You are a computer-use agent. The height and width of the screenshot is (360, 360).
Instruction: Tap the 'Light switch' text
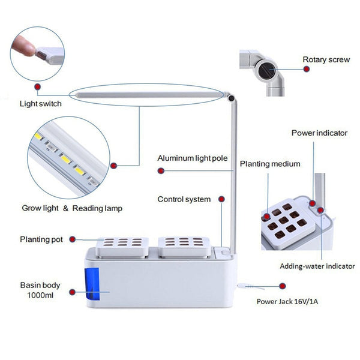41,103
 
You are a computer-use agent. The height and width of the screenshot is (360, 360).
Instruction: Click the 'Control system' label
184,199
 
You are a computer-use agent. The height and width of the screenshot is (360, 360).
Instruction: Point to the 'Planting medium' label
262,163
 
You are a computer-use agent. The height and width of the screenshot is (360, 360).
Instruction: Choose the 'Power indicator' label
319,133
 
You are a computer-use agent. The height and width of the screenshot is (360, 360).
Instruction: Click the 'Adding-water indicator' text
317,266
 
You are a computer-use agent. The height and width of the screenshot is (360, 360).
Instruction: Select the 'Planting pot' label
41,239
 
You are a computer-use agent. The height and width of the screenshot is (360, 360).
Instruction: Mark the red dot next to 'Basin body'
73,292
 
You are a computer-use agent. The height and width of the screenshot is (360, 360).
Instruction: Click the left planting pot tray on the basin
122,245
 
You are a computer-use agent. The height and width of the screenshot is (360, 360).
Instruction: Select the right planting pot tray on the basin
183,245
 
